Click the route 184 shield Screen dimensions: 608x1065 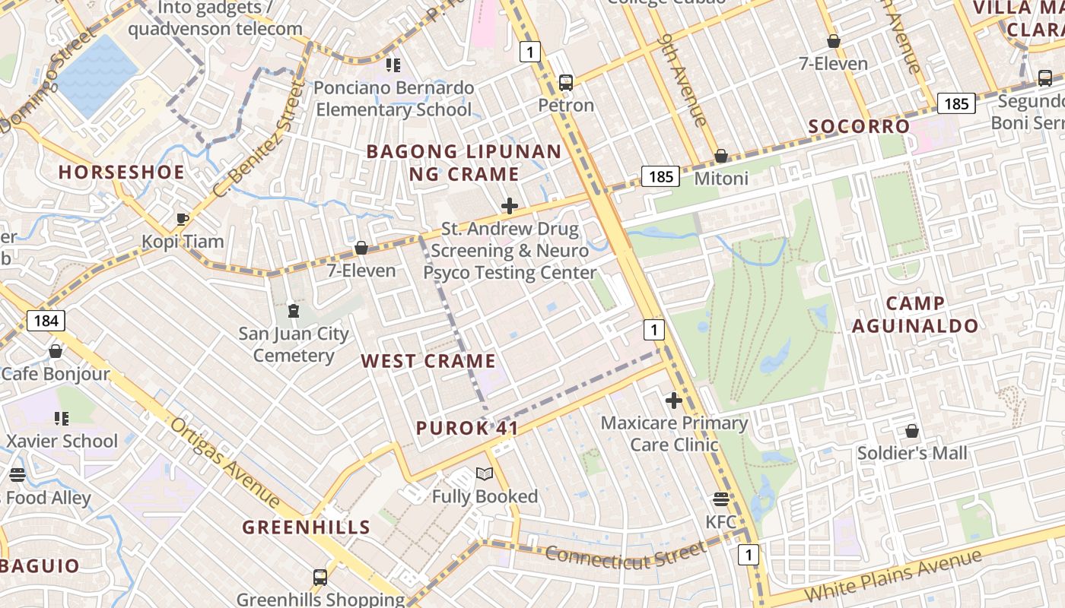(x=46, y=321)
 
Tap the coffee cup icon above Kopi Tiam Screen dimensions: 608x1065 (x=183, y=220)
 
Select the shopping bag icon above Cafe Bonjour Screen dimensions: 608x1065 (x=56, y=351)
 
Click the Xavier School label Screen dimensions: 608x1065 (x=62, y=441)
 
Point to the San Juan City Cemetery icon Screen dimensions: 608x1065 (x=294, y=311)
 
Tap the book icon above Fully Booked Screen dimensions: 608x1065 (x=485, y=474)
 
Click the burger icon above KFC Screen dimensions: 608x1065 (x=721, y=499)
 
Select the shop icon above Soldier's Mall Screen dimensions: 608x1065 (x=912, y=432)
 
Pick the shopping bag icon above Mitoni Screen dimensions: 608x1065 (x=721, y=157)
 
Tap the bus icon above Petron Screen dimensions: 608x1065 (x=566, y=83)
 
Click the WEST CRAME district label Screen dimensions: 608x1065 (x=428, y=361)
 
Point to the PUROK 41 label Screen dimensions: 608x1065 (x=467, y=428)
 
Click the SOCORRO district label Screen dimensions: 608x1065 (x=859, y=126)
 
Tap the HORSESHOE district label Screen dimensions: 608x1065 (x=122, y=173)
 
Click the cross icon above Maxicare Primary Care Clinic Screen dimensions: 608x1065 (x=673, y=401)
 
